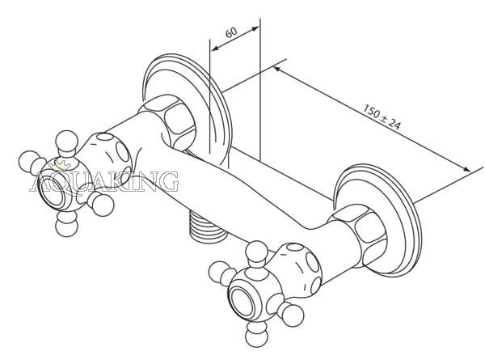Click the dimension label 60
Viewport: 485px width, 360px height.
click(x=231, y=32)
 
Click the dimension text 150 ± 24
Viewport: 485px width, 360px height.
click(x=382, y=117)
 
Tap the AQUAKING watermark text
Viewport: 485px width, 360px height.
click(x=104, y=182)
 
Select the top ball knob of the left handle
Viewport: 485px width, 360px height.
click(x=66, y=141)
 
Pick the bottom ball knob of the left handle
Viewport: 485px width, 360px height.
click(x=67, y=227)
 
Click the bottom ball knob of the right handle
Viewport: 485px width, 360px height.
click(x=256, y=337)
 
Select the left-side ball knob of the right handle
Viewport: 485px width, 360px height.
click(x=219, y=272)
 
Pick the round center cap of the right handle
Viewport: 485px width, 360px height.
click(x=243, y=303)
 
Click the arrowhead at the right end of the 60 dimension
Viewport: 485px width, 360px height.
click(x=255, y=29)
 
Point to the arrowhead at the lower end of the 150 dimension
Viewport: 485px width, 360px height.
click(x=466, y=169)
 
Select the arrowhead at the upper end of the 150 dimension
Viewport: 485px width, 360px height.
click(x=277, y=69)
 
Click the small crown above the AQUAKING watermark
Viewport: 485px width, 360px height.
click(x=62, y=166)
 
